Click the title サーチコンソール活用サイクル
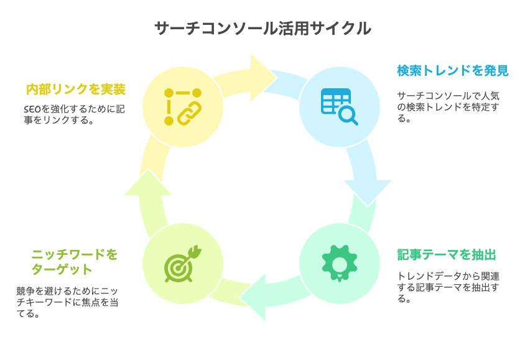click(263, 29)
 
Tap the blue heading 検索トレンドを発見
click(453, 71)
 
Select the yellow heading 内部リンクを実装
click(76, 90)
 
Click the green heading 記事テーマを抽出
click(447, 255)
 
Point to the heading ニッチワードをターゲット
click(75, 262)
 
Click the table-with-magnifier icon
click(340, 107)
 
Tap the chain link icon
click(183, 107)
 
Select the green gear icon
click(340, 264)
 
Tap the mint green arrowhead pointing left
click(254, 297)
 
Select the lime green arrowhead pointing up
click(148, 183)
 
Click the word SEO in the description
click(32, 109)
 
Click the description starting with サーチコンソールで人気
click(448, 107)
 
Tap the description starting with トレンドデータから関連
click(448, 287)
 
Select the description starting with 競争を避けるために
click(67, 302)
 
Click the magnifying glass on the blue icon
click(348, 116)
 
